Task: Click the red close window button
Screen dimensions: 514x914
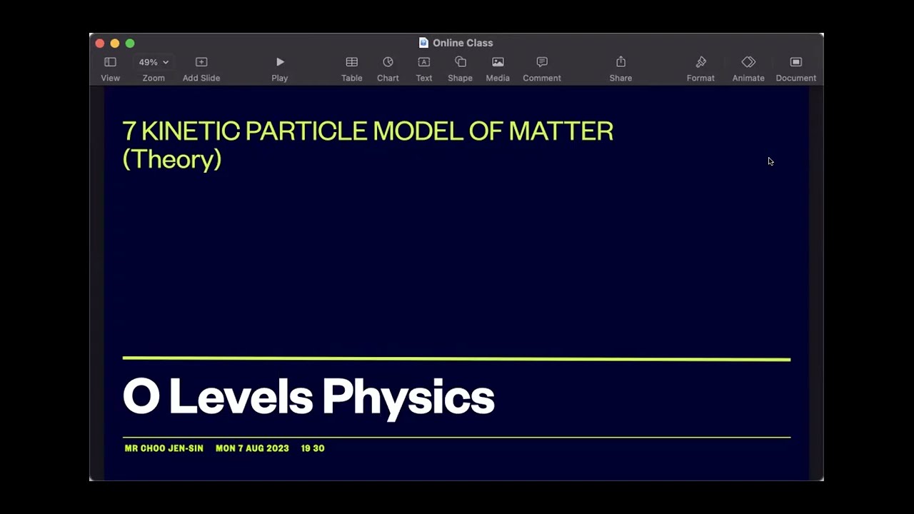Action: coord(100,44)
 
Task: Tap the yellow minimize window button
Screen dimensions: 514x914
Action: coord(115,44)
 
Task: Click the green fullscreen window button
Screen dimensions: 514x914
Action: coord(130,44)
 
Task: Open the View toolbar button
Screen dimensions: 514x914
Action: coord(110,63)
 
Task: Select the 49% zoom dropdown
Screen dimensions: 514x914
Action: coord(154,63)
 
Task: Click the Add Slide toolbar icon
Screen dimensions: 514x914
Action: coord(201,63)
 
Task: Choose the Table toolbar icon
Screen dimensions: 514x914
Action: coord(351,63)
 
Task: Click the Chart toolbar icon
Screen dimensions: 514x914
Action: coord(388,63)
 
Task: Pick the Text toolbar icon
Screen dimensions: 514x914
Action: coord(424,63)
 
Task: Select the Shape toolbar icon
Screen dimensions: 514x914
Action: coord(461,63)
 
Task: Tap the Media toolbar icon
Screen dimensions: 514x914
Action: coord(498,63)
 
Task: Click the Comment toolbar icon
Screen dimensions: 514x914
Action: coord(542,63)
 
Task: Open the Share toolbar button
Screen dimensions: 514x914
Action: coord(621,63)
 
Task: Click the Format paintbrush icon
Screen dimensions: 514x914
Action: coord(700,63)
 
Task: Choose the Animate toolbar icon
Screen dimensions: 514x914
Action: coord(748,63)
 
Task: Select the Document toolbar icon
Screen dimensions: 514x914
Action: coord(796,63)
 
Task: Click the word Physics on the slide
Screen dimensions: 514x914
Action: coord(408,397)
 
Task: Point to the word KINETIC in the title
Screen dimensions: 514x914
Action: coord(191,131)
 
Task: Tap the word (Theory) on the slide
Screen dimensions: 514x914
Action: coord(172,159)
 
